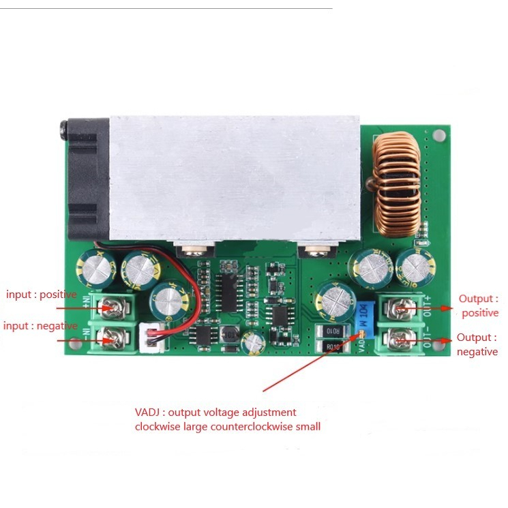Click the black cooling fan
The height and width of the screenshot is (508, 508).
click(x=86, y=181)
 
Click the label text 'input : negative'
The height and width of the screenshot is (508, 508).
click(x=40, y=326)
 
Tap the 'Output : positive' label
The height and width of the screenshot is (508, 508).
click(x=479, y=305)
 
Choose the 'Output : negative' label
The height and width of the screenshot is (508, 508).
click(x=477, y=344)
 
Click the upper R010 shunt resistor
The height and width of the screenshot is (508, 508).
click(x=333, y=331)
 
